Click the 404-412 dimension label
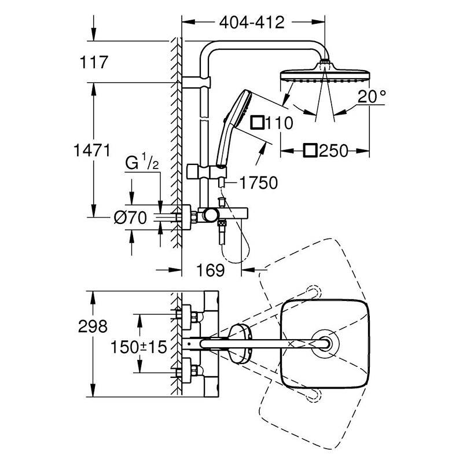point(252,23)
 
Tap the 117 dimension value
point(94,63)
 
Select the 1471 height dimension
point(91,150)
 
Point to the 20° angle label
point(372,97)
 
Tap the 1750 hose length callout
point(259,183)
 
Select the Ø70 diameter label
point(130,218)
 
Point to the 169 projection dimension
point(211,270)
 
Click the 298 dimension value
point(93,326)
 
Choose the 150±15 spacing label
point(138,347)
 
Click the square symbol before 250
point(310,150)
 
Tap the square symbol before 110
point(257,123)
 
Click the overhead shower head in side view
point(325,72)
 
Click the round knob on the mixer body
point(211,215)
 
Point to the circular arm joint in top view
point(325,343)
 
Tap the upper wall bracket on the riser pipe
point(196,82)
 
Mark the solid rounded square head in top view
point(325,344)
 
